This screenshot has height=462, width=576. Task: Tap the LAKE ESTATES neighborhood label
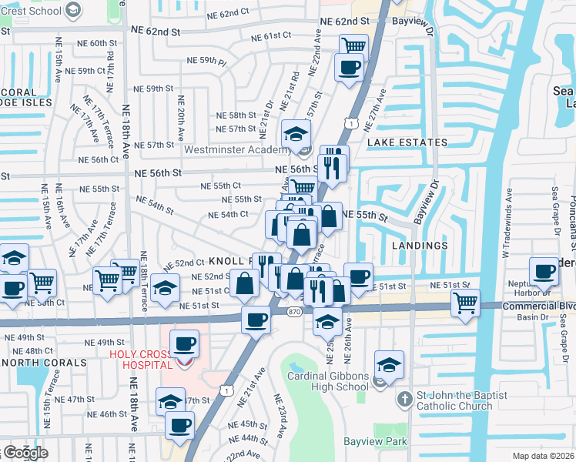click(407, 142)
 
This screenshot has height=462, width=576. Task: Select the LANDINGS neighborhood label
click(419, 246)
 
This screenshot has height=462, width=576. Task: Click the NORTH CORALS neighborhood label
click(44, 362)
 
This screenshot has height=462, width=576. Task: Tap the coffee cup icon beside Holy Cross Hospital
click(184, 343)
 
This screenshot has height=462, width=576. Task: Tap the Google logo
click(25, 453)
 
